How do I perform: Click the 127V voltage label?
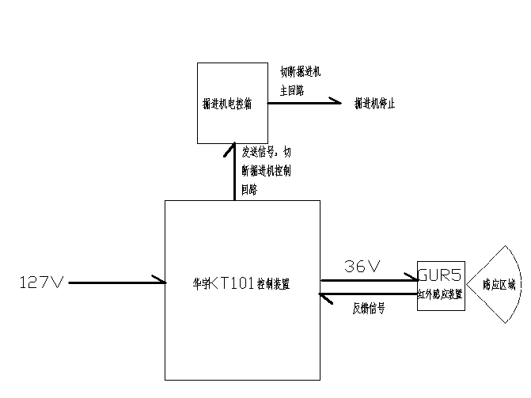pyautogui.click(x=40, y=282)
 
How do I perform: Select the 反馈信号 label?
pyautogui.click(x=368, y=309)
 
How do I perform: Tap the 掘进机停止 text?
pyautogui.click(x=374, y=104)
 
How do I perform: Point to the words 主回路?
pyautogui.click(x=291, y=91)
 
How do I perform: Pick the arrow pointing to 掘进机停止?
pyautogui.click(x=305, y=102)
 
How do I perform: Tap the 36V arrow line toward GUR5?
pyautogui.click(x=368, y=279)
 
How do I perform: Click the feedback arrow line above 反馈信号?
pyautogui.click(x=368, y=295)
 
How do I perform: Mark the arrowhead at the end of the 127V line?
pyautogui.click(x=161, y=281)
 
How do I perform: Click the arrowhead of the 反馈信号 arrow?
pyautogui.click(x=322, y=295)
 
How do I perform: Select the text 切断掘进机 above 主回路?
pyautogui.click(x=300, y=72)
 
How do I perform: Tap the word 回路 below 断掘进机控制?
pyautogui.click(x=249, y=190)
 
